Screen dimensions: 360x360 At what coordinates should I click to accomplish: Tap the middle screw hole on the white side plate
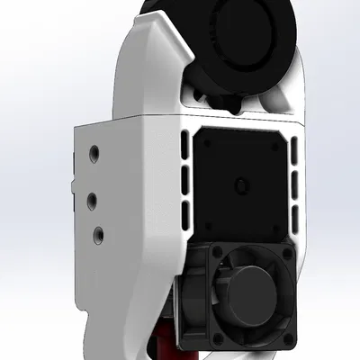[92, 196]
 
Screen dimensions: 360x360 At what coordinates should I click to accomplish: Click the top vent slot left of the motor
[184, 144]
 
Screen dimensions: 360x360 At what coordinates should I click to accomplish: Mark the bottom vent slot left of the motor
[185, 216]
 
